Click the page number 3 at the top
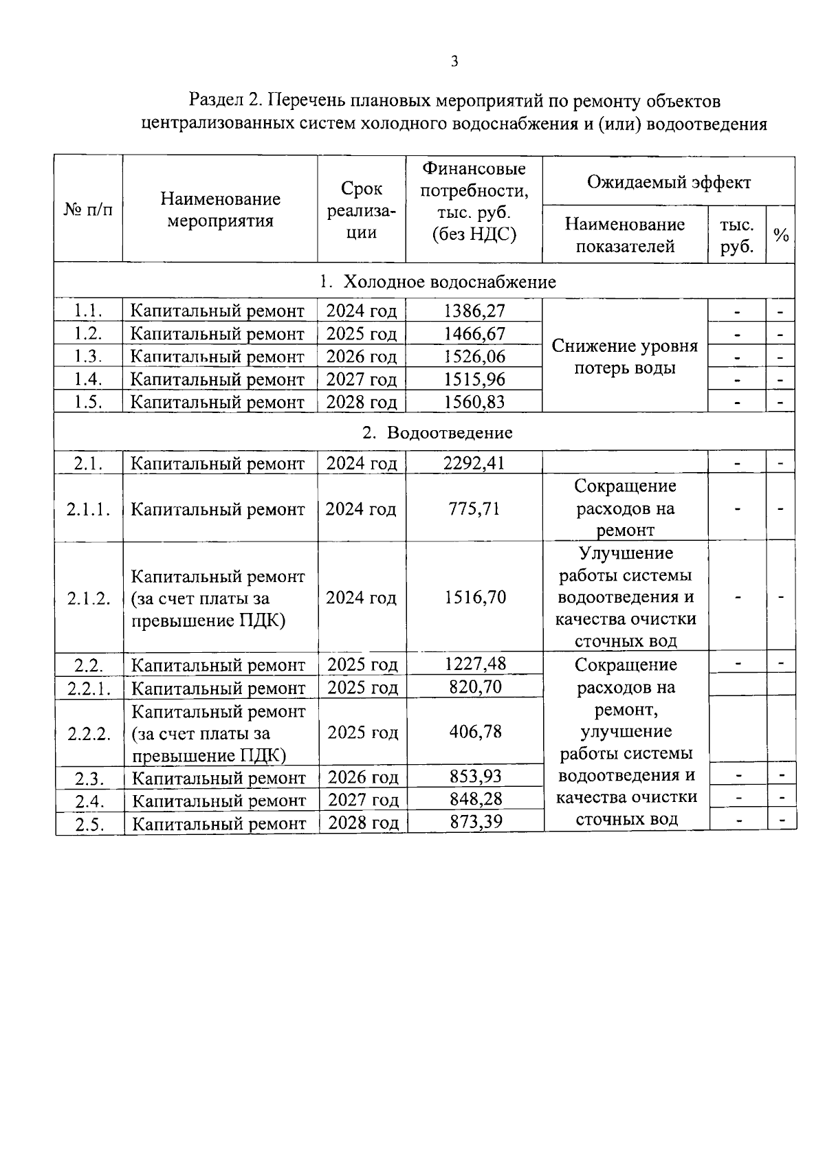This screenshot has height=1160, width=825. (454, 62)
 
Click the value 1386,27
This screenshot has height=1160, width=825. (474, 311)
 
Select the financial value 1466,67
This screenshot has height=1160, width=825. (474, 334)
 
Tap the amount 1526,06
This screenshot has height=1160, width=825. (474, 356)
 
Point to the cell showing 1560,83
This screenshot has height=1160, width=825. (474, 402)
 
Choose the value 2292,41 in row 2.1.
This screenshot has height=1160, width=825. (474, 462)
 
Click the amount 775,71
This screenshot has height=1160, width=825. (474, 509)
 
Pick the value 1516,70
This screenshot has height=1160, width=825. (474, 597)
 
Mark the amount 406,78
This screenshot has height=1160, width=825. (475, 732)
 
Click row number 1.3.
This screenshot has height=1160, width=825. (88, 356)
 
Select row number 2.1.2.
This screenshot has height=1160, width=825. (89, 598)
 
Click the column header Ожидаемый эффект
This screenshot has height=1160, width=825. (668, 182)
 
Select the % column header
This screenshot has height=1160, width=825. (780, 235)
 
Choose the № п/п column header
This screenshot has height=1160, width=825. (88, 209)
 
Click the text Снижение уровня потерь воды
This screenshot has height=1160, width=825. (624, 357)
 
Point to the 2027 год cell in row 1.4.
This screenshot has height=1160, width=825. (362, 379)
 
